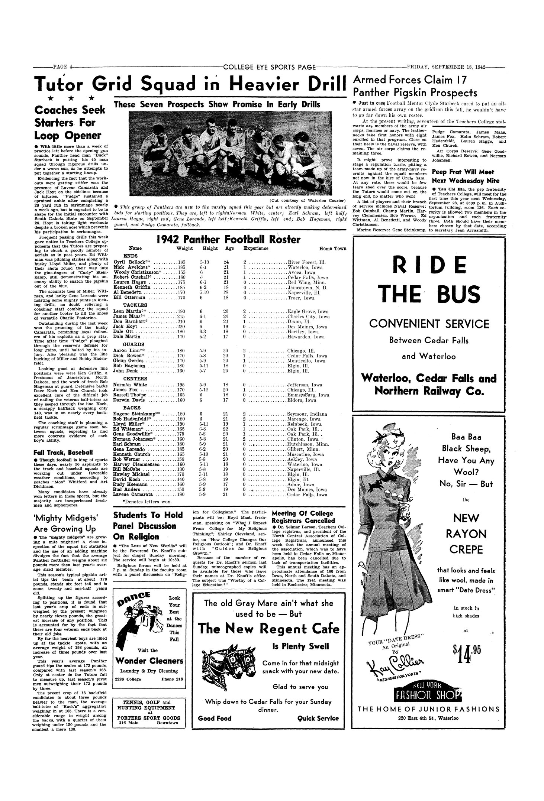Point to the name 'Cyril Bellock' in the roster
click(x=128, y=262)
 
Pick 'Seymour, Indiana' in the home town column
click(x=307, y=414)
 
